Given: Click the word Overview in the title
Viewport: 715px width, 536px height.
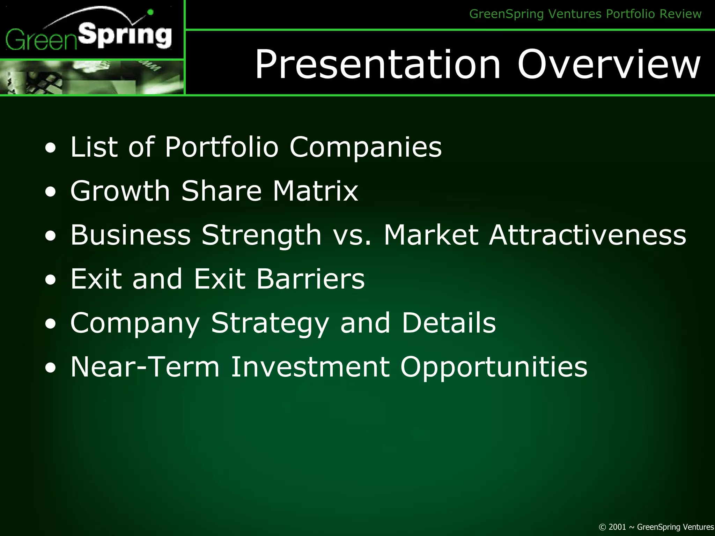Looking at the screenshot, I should click(609, 64).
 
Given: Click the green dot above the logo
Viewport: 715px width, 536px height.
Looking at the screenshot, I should click(150, 12).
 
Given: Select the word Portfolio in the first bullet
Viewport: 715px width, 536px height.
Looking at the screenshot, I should click(221, 147).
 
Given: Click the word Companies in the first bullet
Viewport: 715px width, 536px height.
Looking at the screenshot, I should click(366, 147).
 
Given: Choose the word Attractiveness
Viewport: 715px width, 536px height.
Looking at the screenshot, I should click(587, 235).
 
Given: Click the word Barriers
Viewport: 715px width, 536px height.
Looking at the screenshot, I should click(310, 279).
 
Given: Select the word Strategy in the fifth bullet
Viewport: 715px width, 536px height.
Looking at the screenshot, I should click(270, 323).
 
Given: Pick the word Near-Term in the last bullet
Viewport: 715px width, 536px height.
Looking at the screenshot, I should click(145, 367).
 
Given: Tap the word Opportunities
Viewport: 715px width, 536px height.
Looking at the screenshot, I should click(494, 367).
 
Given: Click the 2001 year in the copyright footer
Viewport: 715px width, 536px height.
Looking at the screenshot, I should click(617, 527).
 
